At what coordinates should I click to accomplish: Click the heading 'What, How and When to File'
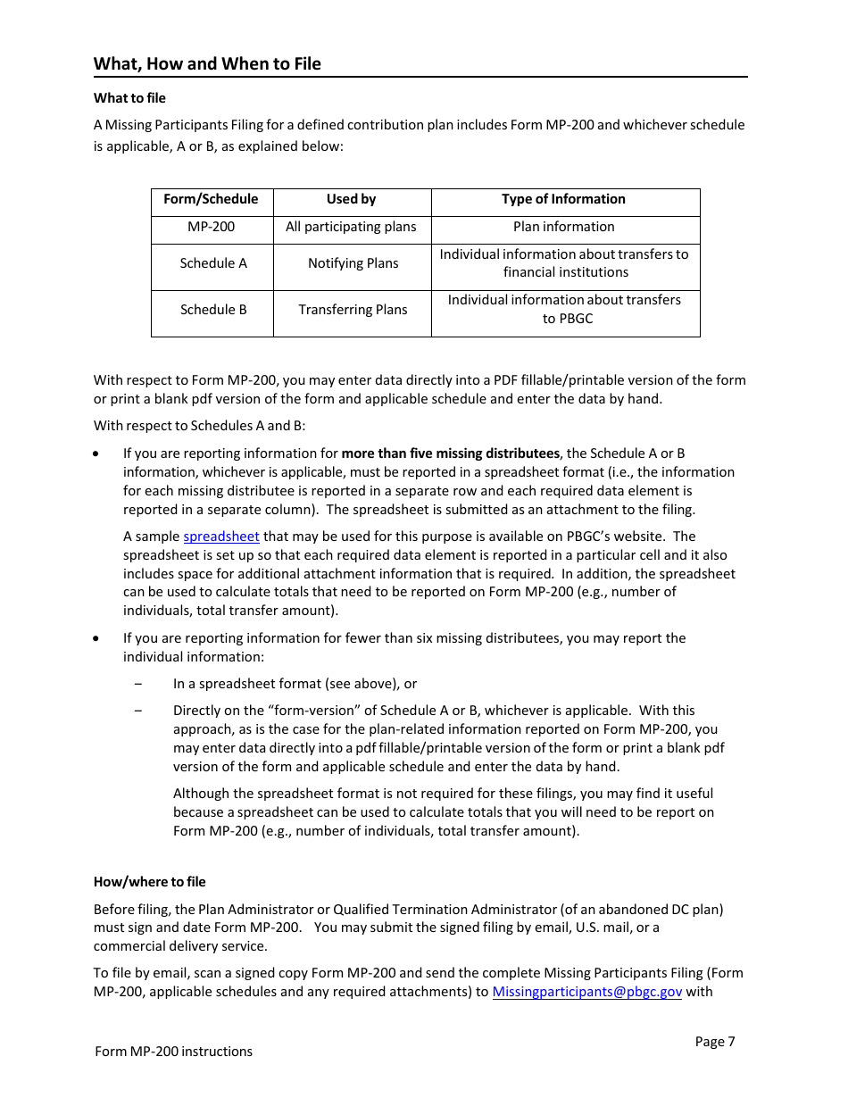pos(207,63)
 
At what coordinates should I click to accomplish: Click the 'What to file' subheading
pos(129,98)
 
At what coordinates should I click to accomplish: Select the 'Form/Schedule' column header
pos(211,199)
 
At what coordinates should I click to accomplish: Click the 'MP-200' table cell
pos(211,227)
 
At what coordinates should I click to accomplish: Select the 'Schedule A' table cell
pos(212,263)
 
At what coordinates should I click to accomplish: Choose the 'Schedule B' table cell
pos(212,310)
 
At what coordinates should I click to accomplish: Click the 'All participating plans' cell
pos(351,227)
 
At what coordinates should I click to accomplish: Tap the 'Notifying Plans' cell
pos(353,263)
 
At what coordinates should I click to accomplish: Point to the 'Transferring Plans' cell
pos(353,310)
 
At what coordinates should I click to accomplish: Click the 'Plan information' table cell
pos(563,227)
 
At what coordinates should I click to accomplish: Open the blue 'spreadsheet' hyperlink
pos(221,537)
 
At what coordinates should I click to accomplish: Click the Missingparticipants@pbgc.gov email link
pos(586,992)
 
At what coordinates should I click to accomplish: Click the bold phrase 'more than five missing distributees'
pos(450,453)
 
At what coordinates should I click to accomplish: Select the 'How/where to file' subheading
pos(149,882)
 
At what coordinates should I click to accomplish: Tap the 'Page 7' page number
pos(714,1042)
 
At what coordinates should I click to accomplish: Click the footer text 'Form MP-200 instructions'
pos(173,1052)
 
